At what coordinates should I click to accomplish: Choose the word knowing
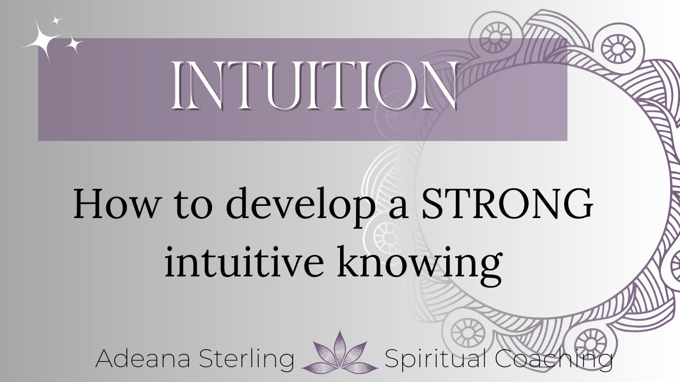(x=420, y=264)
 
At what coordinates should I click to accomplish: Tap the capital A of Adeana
(x=106, y=359)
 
